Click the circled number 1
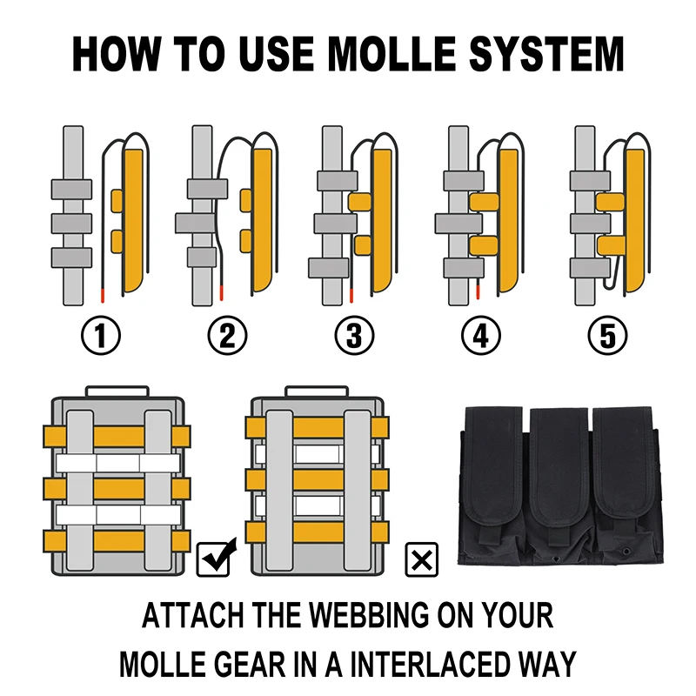pyautogui.click(x=102, y=337)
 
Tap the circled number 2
pyautogui.click(x=227, y=337)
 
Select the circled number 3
pyautogui.click(x=354, y=337)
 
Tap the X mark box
pyautogui.click(x=424, y=558)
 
